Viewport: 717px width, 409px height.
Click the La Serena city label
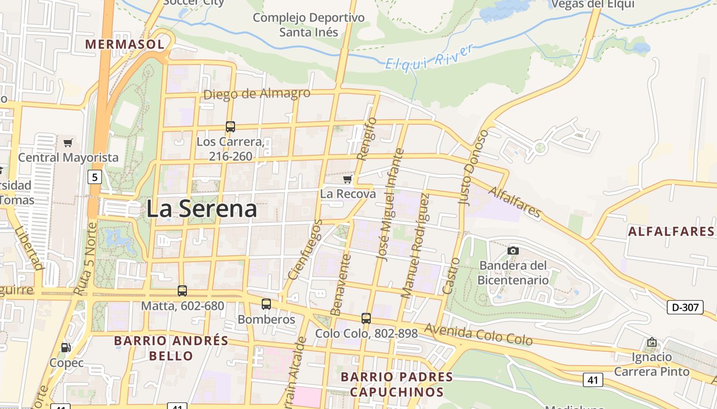[201, 210]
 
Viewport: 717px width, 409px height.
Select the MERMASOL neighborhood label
[125, 44]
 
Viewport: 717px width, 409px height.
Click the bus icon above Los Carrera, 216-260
[230, 126]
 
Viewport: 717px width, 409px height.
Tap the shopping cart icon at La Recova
[348, 179]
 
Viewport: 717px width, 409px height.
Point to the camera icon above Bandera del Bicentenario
[513, 251]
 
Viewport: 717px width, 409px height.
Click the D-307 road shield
[685, 307]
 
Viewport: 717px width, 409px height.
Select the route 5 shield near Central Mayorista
[95, 177]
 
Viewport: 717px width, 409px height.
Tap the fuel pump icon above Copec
[66, 347]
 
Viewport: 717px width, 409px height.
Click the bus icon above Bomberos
[266, 304]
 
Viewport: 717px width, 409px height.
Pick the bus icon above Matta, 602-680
[182, 291]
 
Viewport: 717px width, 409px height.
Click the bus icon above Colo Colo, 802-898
[366, 319]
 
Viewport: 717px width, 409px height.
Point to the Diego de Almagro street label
[257, 94]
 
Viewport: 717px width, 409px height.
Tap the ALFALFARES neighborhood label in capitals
[671, 232]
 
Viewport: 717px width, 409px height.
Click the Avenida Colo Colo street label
[478, 334]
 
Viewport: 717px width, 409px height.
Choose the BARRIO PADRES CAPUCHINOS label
[397, 384]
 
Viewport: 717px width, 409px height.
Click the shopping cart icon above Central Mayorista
[68, 143]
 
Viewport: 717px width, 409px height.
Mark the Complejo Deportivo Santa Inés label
[309, 25]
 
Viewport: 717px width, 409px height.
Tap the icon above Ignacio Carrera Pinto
[652, 342]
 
